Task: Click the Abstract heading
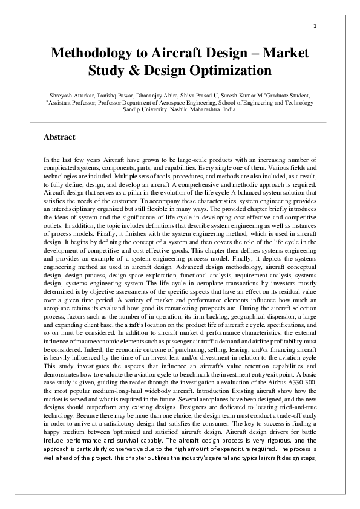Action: tap(59, 137)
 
